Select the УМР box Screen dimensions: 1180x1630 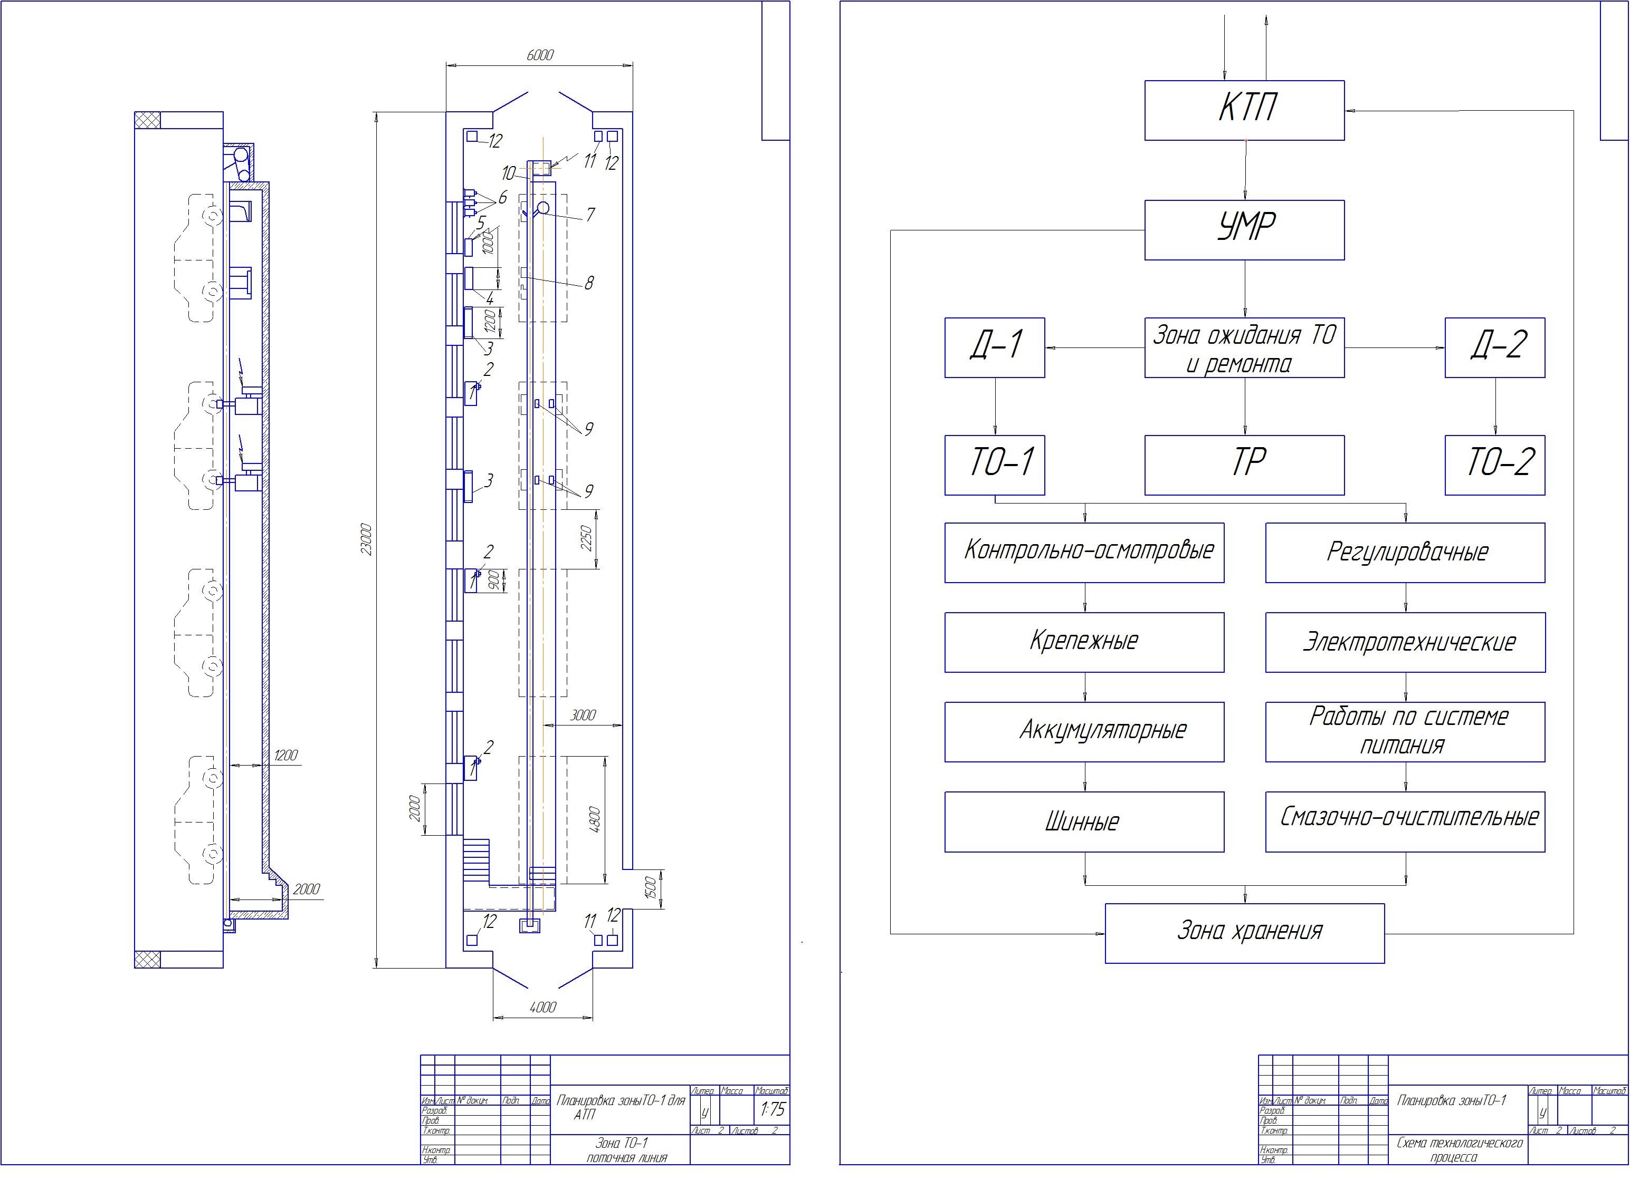[1244, 230]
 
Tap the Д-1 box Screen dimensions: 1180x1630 [994, 347]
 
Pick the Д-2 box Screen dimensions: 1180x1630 [1495, 347]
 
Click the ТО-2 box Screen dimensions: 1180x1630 [1495, 465]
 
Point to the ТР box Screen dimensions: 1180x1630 [1244, 465]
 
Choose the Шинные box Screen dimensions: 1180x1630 [1084, 821]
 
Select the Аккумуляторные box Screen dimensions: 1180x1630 [1084, 732]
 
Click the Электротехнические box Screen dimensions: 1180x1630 [1405, 642]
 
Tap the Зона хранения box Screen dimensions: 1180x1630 [1244, 933]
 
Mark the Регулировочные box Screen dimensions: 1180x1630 [1405, 552]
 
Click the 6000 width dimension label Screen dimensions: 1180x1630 [540, 55]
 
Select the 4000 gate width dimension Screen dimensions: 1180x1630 [542, 1007]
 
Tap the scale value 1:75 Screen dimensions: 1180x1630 [772, 1110]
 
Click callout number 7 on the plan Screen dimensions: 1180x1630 [590, 215]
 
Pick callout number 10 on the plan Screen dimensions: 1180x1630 [508, 173]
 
